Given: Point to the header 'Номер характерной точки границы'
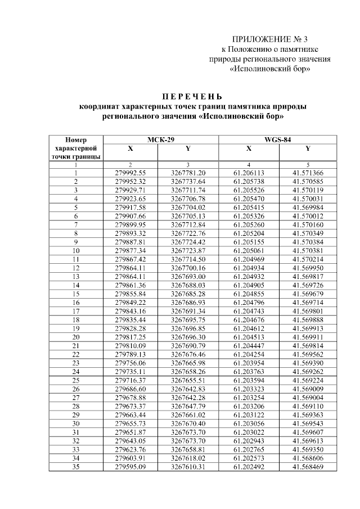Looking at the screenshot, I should pos(75,148).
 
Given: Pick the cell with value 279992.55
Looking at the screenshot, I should pos(130,173).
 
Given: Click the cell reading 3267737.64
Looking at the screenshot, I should pos(188,182).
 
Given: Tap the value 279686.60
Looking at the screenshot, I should pos(130,389).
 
